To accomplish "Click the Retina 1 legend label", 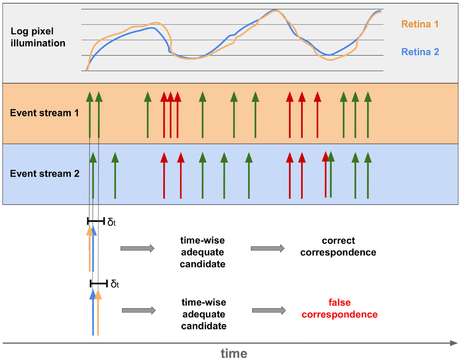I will [420, 24].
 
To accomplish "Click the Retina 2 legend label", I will [420, 52].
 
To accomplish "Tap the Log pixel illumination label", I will [38, 37].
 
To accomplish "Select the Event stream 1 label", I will [44, 113].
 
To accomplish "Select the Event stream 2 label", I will [45, 174].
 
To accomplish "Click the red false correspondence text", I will [340, 308].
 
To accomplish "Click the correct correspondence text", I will [338, 246].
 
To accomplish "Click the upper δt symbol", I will [111, 222].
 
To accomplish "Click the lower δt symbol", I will [115, 284].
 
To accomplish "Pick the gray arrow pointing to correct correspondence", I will [268, 248].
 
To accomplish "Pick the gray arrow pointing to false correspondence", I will [269, 310].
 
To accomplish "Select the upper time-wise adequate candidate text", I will [203, 252].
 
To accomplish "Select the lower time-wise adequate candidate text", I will [204, 314].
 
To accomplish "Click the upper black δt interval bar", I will [96, 221].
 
